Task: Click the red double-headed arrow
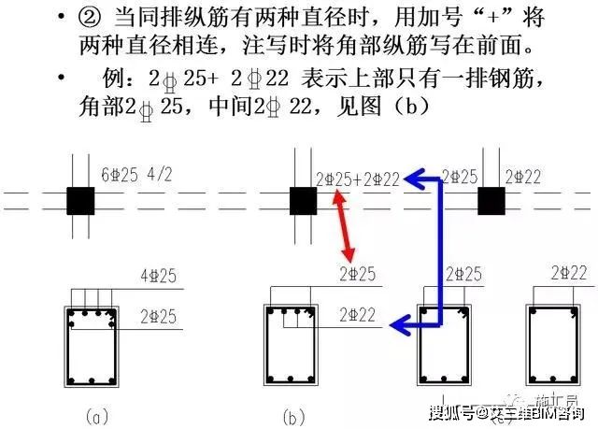[x=346, y=226]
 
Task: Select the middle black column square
[x=303, y=200]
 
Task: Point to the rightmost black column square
[x=491, y=200]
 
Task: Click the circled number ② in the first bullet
[x=104, y=17]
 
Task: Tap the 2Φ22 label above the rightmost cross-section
[x=568, y=273]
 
